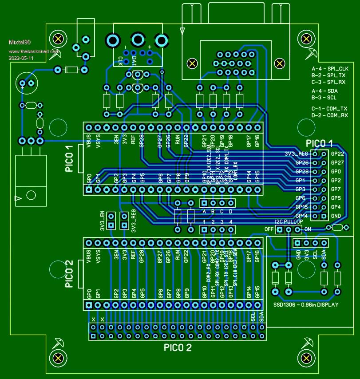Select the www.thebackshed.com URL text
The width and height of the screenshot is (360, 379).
click(34, 51)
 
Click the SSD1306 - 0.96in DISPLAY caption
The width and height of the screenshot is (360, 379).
click(305, 305)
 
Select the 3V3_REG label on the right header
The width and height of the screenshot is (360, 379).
click(296, 154)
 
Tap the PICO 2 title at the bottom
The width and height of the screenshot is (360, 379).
click(178, 347)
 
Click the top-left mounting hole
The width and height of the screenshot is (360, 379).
click(57, 39)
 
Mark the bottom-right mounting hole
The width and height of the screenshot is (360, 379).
click(306, 358)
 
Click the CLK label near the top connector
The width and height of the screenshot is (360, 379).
click(121, 60)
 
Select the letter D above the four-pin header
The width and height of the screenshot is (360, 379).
click(230, 212)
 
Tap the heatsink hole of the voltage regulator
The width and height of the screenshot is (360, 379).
click(31, 195)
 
